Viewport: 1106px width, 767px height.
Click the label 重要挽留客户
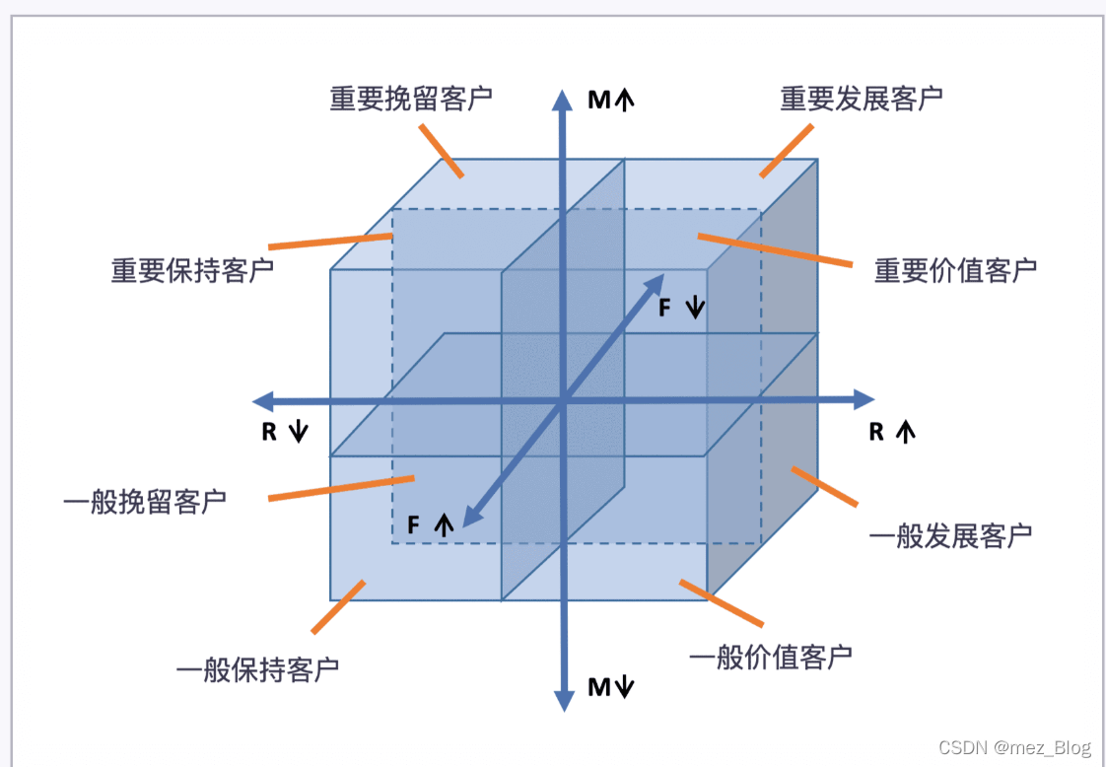tap(411, 100)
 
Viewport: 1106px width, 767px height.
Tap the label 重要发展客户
tap(862, 100)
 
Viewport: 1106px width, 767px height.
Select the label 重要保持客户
tap(192, 271)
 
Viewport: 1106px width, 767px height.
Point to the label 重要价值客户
tap(955, 270)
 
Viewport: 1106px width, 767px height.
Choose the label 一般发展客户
tap(950, 536)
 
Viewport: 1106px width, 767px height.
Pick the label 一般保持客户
tap(257, 670)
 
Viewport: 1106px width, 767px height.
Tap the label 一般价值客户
tap(770, 657)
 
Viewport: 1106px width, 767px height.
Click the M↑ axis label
tap(610, 100)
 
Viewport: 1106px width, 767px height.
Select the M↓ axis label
tap(610, 687)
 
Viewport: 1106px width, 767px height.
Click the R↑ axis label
tap(891, 432)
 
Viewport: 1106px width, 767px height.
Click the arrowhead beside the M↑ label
tap(563, 100)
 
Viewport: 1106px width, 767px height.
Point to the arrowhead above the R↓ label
tap(263, 400)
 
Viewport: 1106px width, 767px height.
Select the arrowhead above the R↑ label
tap(864, 399)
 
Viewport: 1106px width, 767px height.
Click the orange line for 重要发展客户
tap(786, 151)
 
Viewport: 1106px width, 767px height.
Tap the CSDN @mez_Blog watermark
tap(1014, 748)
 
